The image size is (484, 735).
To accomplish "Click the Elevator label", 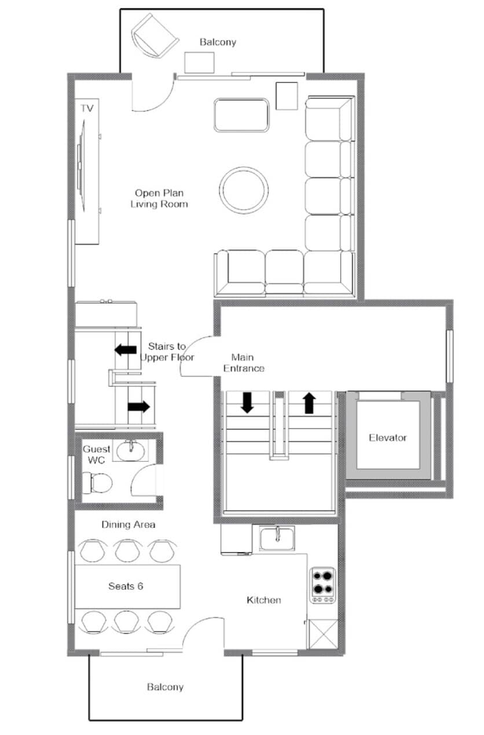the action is click(387, 438).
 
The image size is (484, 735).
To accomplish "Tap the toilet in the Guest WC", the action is click(97, 483).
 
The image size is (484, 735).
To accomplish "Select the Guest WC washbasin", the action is click(131, 450).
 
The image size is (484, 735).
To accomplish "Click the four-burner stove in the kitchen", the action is click(323, 585).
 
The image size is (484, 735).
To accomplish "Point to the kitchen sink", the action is click(277, 538).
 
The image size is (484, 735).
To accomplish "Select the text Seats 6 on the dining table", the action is click(126, 586).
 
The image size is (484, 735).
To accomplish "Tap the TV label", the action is click(87, 108).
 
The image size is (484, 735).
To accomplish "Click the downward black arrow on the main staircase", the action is click(247, 402).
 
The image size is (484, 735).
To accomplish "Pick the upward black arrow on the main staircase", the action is click(309, 403).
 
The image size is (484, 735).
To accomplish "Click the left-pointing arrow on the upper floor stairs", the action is click(126, 350).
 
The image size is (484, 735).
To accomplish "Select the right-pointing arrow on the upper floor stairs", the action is click(139, 407).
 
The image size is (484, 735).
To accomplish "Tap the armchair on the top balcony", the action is click(155, 36).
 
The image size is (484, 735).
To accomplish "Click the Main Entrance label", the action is click(244, 362).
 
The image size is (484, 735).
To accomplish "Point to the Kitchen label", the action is click(264, 600).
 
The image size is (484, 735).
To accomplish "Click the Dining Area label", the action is click(129, 524).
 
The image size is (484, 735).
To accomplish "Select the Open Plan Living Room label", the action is click(159, 199).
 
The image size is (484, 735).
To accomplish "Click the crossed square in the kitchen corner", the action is click(324, 634).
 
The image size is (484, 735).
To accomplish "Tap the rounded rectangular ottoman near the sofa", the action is click(241, 115).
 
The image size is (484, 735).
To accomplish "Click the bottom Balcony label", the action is click(165, 687).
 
